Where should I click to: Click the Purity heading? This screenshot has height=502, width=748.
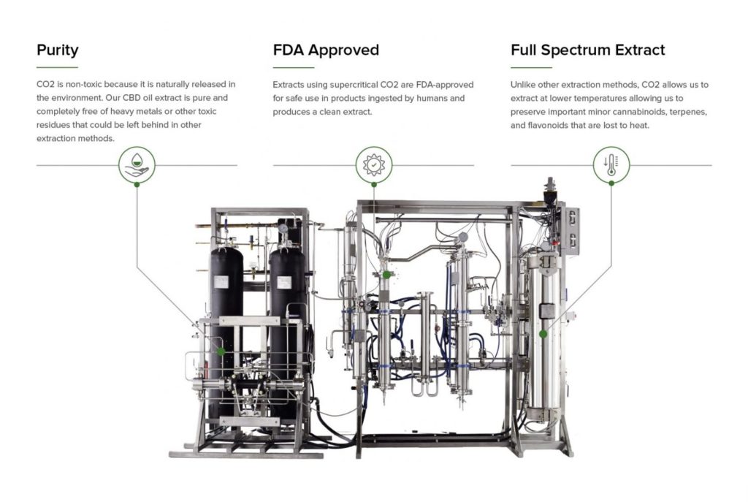coord(57,50)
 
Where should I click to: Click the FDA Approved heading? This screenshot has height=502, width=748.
coord(326,50)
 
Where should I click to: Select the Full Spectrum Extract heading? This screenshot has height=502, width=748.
coord(587,50)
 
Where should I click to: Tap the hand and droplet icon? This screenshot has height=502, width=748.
coord(137,165)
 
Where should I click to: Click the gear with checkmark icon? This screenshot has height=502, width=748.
coord(373,165)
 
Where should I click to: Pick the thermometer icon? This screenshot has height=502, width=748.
coord(611,165)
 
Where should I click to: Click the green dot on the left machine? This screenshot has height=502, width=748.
coord(221,351)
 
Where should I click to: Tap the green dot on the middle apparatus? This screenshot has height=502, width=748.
coord(386,275)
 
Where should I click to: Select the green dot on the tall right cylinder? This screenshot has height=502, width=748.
coord(543,334)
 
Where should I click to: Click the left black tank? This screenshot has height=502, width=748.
coord(227,307)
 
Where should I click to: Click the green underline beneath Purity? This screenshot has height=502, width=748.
coord(57,67)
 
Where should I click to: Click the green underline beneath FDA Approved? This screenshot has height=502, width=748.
coord(294,67)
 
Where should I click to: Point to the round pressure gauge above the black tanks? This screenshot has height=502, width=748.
coord(282,228)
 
